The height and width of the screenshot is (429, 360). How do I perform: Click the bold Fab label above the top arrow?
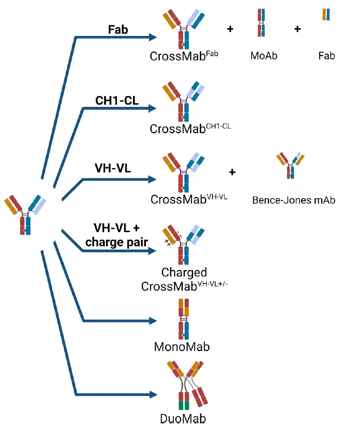(118, 30)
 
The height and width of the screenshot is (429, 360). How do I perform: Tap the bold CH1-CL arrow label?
(117, 100)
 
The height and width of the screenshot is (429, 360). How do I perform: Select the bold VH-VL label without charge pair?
(112, 168)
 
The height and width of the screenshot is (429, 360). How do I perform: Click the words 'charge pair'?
(117, 242)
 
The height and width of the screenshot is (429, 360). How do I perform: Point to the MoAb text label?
(264, 56)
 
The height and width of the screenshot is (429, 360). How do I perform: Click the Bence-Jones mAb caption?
(294, 200)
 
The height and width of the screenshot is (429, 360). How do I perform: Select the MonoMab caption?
(182, 347)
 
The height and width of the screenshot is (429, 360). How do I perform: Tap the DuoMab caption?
(183, 419)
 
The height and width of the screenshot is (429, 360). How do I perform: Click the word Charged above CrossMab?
(184, 272)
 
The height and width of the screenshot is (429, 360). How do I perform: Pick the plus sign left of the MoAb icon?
(230, 29)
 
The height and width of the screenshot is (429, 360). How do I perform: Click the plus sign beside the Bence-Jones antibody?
(232, 172)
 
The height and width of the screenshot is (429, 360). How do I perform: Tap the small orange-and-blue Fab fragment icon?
(326, 15)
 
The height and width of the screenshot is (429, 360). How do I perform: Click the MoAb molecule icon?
(261, 23)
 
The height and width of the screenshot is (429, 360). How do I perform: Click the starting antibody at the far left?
(25, 215)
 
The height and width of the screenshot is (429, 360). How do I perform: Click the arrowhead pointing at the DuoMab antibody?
(153, 395)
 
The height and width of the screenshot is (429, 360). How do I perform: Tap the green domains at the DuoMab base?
(184, 405)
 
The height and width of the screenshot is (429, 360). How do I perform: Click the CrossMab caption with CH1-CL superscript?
(190, 129)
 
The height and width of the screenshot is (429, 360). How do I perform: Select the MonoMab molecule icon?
(184, 319)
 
